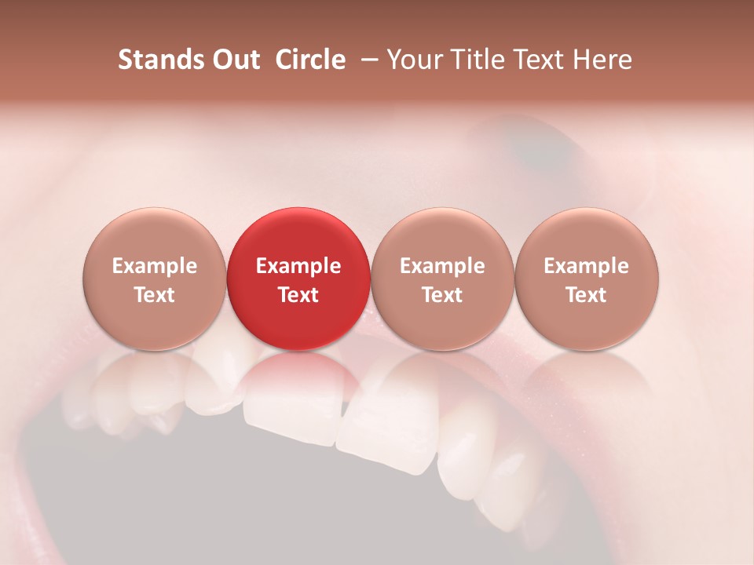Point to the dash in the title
(368, 60)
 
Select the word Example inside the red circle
(298, 266)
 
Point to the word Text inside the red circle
(298, 295)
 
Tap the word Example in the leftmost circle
(154, 266)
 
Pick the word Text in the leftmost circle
(154, 295)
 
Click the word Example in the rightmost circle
(587, 266)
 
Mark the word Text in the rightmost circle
(587, 295)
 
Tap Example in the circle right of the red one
(442, 266)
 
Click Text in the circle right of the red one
(442, 295)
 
